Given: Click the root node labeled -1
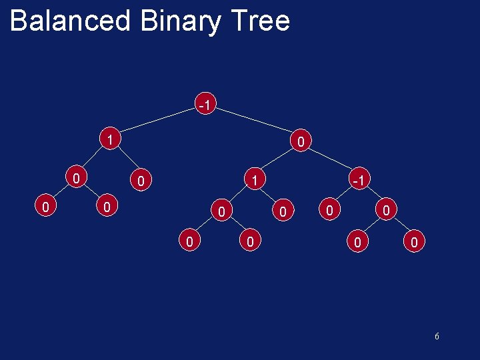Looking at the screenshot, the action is [x=205, y=105].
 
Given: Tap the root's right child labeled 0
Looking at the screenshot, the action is [x=301, y=141].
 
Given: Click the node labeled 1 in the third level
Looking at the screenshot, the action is [x=253, y=179].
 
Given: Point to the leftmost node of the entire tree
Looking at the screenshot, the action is [x=44, y=207].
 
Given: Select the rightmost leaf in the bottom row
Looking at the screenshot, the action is [x=414, y=243].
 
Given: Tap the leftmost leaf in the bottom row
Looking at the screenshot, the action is [x=190, y=241].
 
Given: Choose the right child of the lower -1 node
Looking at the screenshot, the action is [x=386, y=211].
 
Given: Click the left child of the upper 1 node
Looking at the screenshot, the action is [x=78, y=178].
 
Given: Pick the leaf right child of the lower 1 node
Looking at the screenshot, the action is [x=283, y=212].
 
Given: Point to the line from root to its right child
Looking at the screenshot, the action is [x=253, y=124].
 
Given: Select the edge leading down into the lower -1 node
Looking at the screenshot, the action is [x=331, y=161].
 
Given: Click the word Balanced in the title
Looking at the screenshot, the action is [x=71, y=21].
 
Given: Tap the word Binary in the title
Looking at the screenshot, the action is [x=179, y=21].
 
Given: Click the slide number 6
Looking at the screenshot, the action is [x=437, y=336].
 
